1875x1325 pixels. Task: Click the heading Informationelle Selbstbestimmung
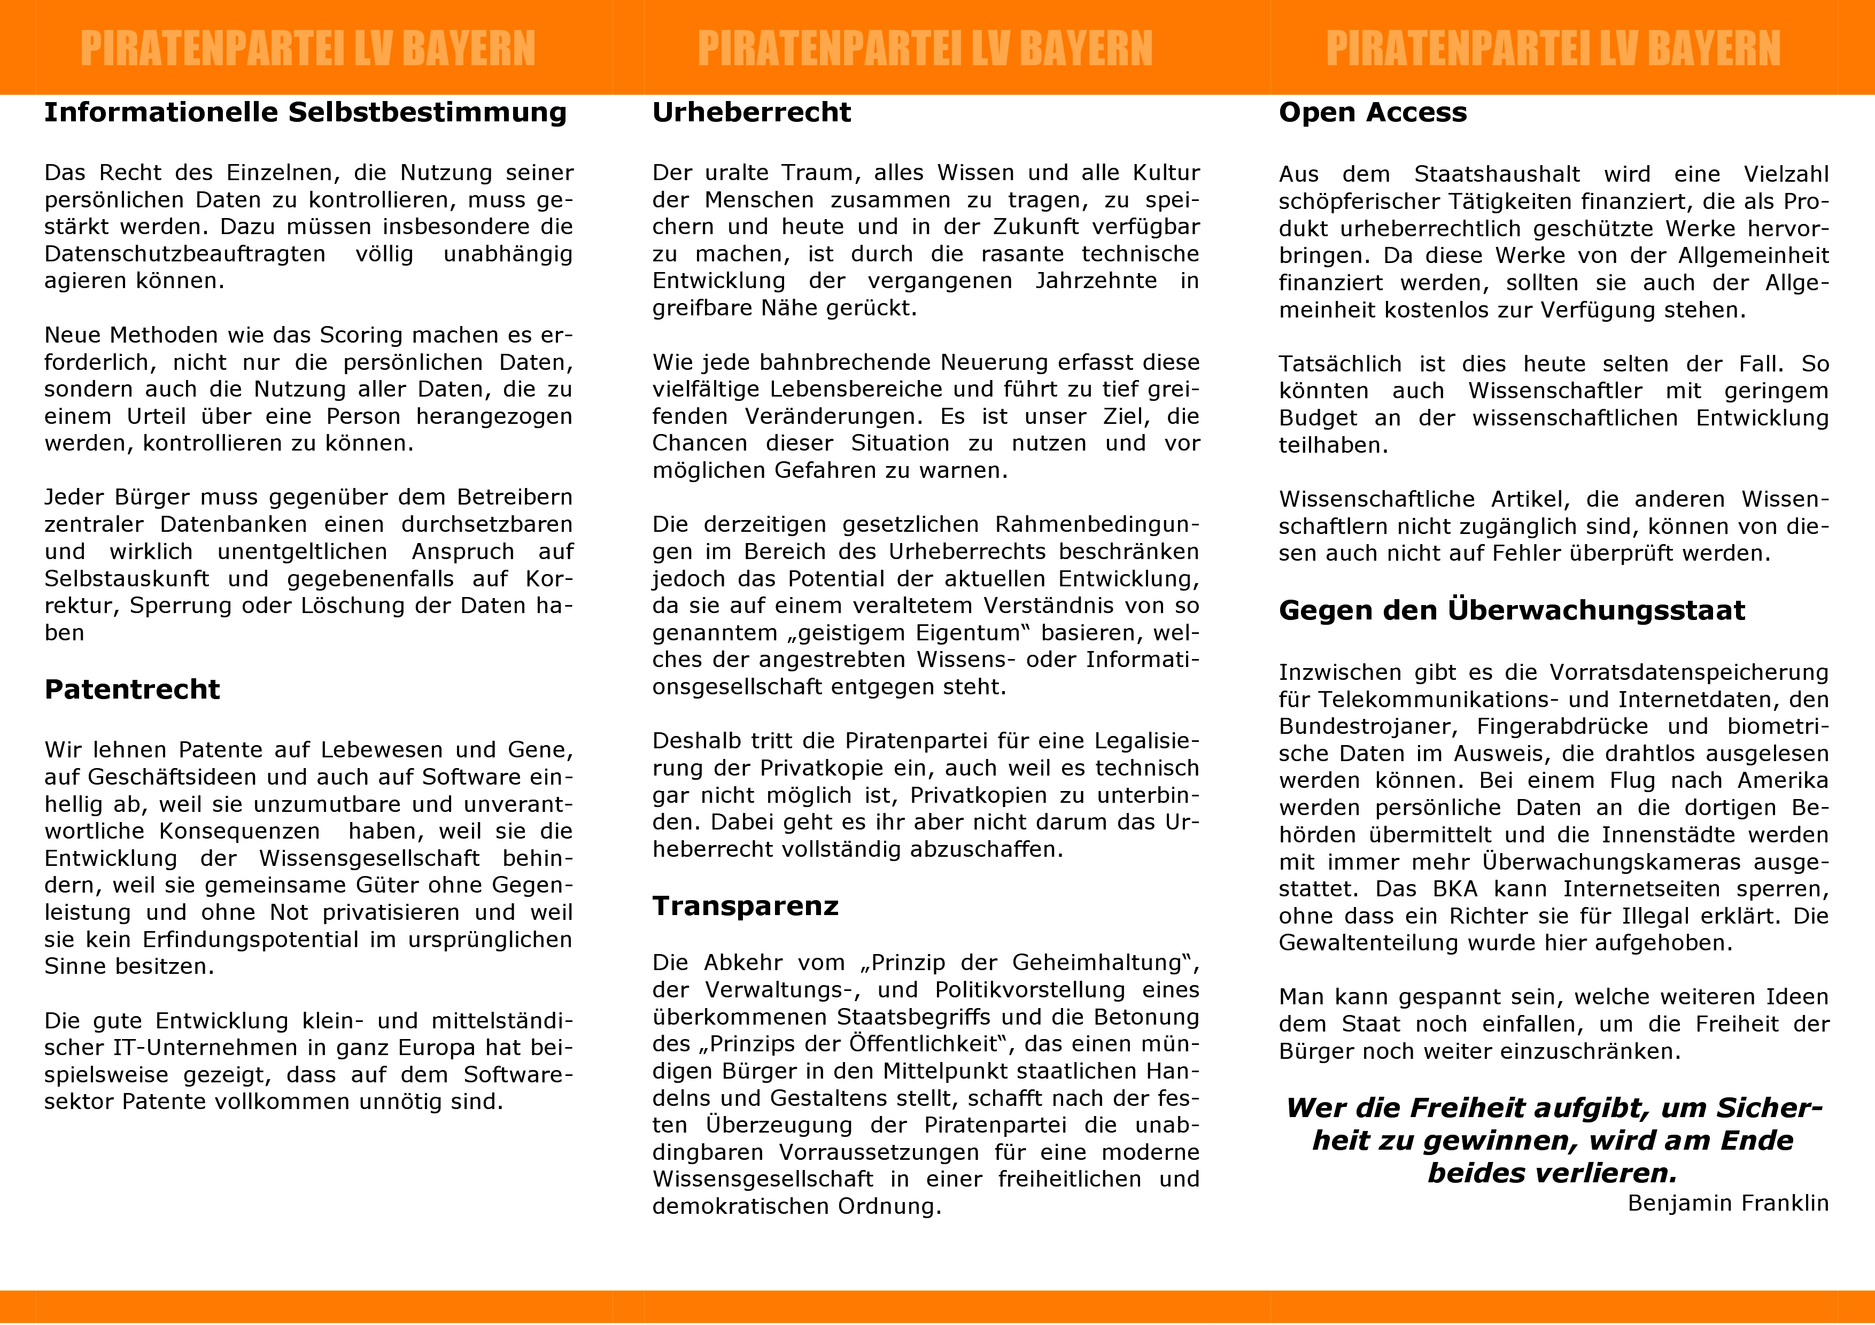tap(305, 113)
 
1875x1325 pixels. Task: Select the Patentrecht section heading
tap(133, 690)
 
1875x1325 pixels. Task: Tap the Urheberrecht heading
tap(751, 113)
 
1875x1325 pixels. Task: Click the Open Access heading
tap(1373, 113)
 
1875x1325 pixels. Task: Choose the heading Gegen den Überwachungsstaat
tap(1512, 611)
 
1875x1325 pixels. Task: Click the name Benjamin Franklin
tap(1728, 1203)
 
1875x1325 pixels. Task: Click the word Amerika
tap(1783, 780)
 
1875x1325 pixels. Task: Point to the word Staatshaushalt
tap(1497, 175)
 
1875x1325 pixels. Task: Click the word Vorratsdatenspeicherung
tap(1689, 673)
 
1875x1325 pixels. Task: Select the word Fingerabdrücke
tap(1562, 726)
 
